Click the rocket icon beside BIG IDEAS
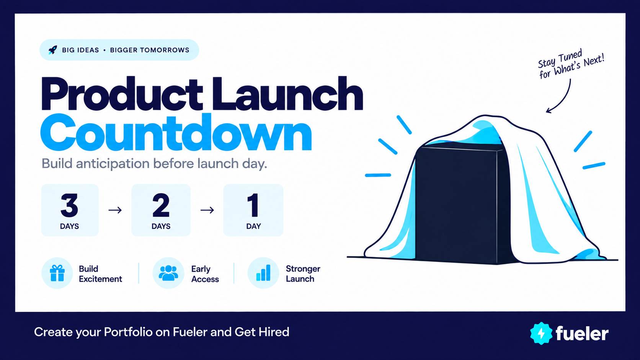53,50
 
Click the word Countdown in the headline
176,132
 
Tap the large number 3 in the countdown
69,205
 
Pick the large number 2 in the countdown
161,205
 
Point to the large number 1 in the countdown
253,205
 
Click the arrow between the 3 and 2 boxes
115,210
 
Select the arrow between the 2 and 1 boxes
207,210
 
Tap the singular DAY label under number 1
253,226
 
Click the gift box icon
57,273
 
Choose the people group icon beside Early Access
168,273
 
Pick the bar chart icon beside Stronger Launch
263,273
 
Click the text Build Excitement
100,274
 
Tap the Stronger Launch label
303,274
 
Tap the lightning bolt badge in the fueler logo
541,333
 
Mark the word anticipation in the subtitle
113,164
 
